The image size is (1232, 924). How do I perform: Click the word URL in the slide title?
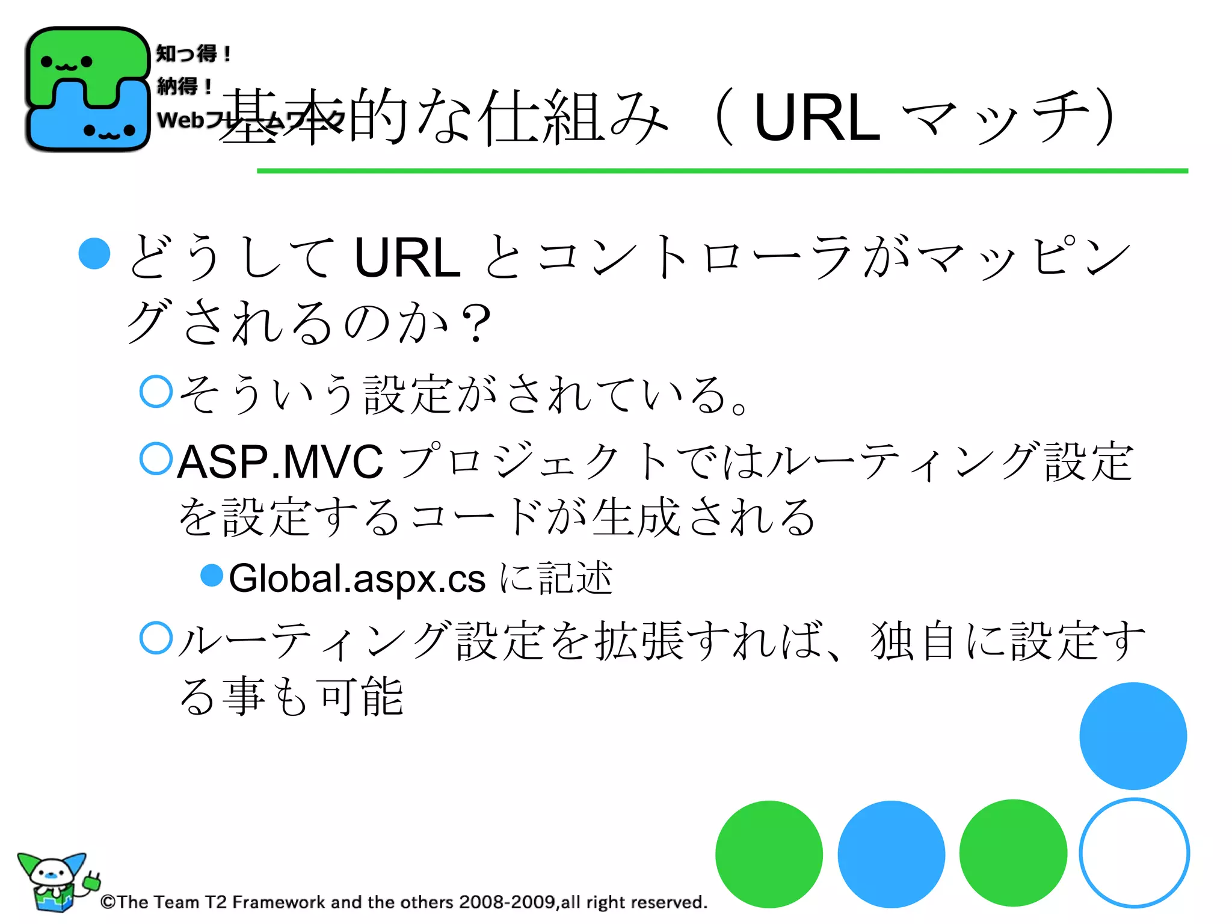[x=816, y=119]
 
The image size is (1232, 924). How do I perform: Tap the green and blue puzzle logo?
[x=87, y=89]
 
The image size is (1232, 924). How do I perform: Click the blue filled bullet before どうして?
[x=94, y=253]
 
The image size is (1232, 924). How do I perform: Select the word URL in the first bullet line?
[x=407, y=258]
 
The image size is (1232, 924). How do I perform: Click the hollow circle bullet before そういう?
[x=156, y=392]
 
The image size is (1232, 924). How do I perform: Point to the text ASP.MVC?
[x=280, y=462]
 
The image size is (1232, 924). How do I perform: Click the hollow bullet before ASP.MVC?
[x=156, y=458]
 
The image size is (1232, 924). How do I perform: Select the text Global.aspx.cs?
[x=357, y=579]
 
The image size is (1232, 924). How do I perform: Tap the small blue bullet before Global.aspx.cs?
[x=211, y=575]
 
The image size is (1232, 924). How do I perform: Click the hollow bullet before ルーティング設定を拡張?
[x=156, y=638]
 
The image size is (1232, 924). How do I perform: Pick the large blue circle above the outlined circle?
[x=1133, y=736]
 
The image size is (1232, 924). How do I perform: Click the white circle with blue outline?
[x=1134, y=852]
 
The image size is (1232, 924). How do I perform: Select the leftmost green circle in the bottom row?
[x=769, y=854]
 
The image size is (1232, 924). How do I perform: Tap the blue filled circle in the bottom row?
[x=891, y=854]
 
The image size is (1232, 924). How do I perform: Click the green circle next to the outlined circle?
[x=1013, y=852]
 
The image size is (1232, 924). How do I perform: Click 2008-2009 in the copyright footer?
[x=507, y=902]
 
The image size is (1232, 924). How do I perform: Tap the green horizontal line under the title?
[x=722, y=171]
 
